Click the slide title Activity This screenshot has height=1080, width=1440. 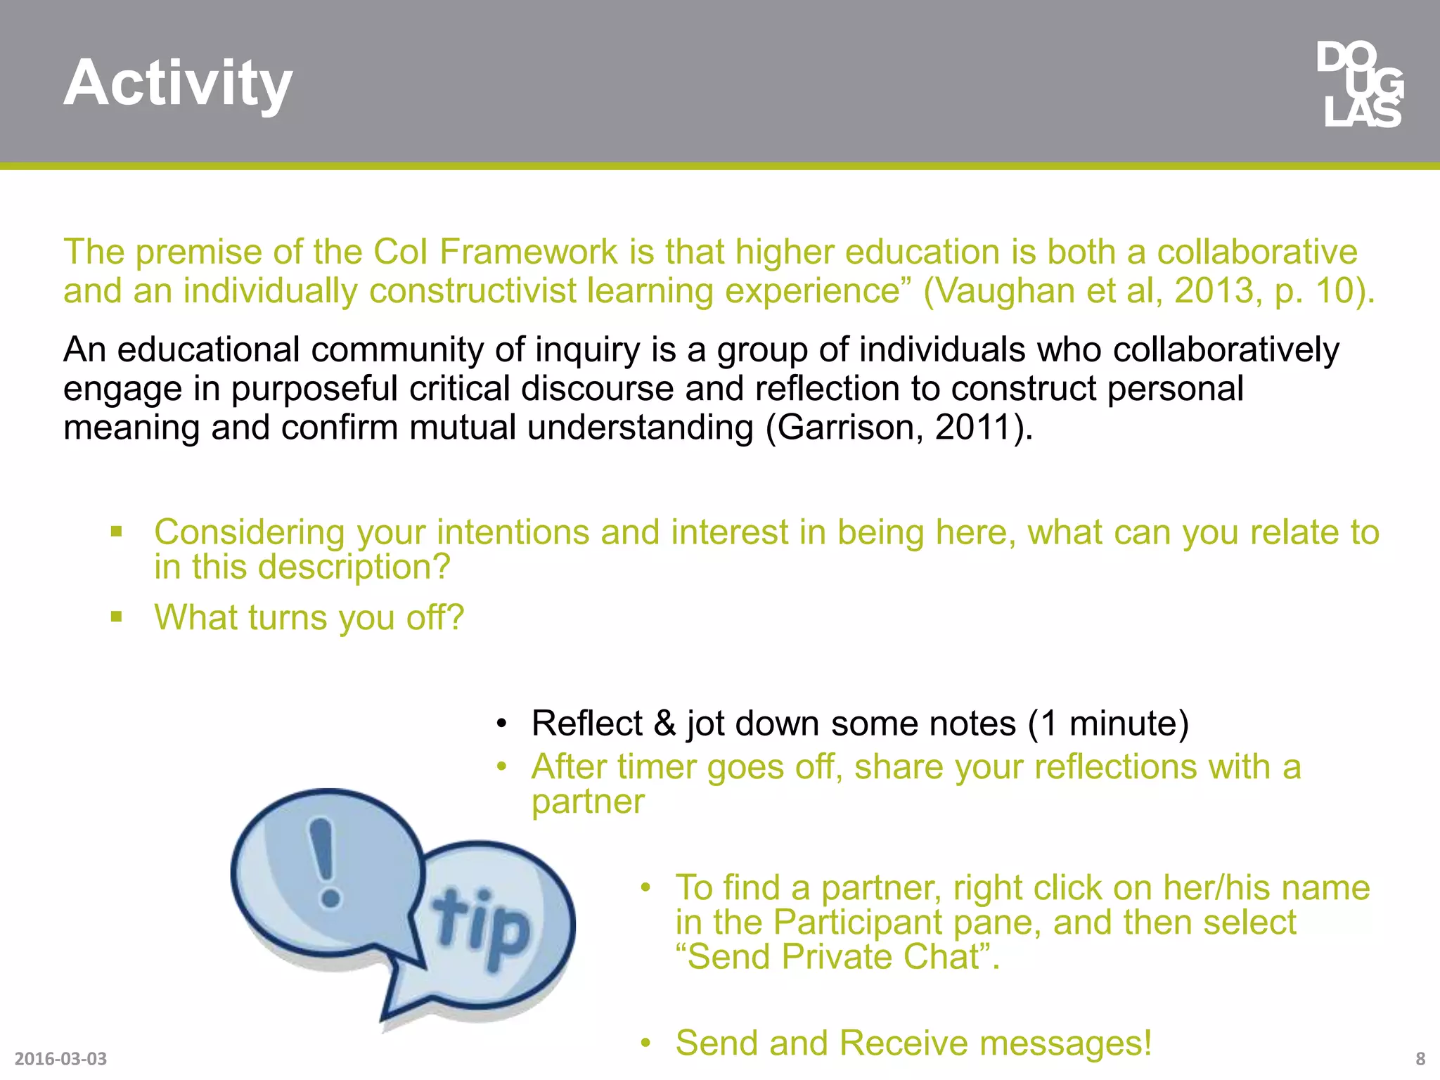[178, 83]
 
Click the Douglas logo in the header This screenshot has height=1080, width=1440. [1361, 85]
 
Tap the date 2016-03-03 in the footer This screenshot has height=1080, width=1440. [60, 1058]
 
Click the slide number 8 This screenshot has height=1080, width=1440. [1420, 1058]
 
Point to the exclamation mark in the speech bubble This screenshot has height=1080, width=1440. [325, 861]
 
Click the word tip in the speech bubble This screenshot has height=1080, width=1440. [481, 927]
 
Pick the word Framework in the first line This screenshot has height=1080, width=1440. [529, 252]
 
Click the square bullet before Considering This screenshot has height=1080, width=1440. [117, 532]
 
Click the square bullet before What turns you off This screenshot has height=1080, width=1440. [117, 617]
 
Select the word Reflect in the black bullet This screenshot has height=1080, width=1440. [587, 724]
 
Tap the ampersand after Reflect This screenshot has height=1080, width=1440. [664, 724]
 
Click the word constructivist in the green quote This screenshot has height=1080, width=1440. [472, 290]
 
